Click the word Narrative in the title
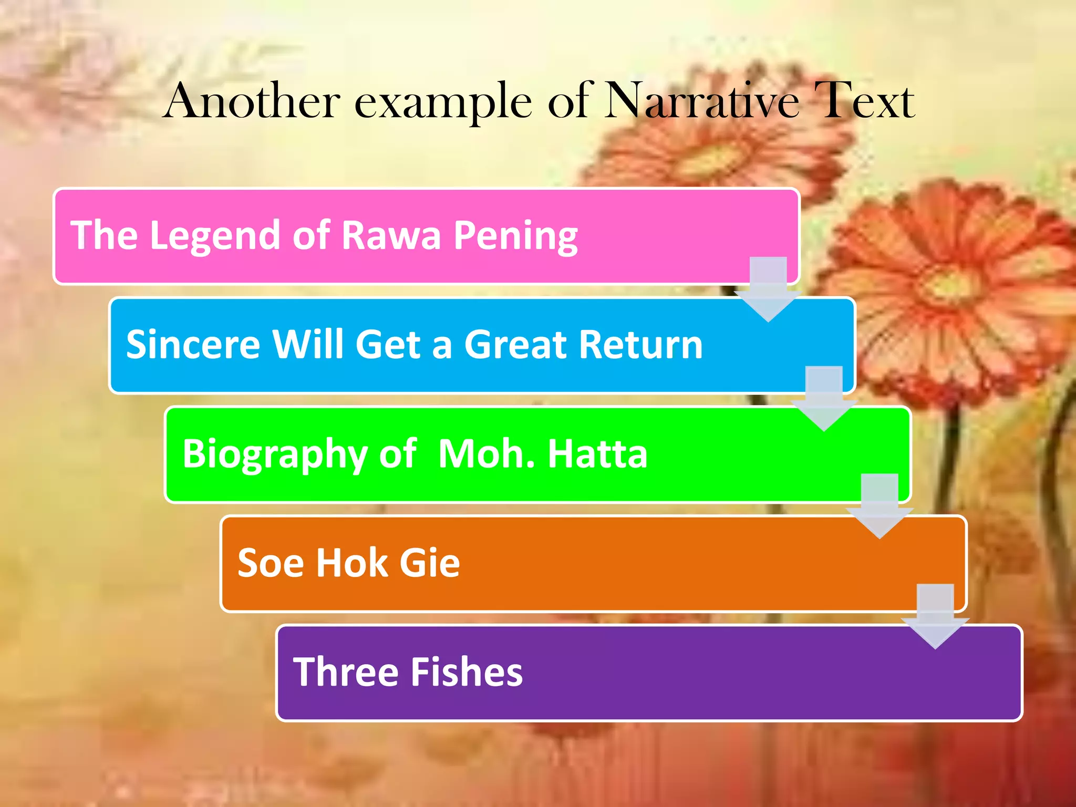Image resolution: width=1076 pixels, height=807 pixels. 702,101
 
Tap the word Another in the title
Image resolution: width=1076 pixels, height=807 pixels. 252,101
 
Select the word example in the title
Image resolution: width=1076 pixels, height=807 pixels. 443,103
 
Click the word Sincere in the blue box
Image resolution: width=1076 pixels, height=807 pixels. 193,345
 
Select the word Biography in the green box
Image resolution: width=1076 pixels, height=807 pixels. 274,454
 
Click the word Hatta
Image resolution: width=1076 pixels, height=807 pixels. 597,453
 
